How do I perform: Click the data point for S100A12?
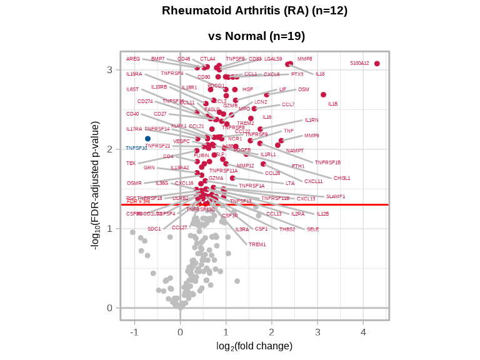pyautogui.click(x=377, y=64)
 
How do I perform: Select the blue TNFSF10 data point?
pyautogui.click(x=148, y=139)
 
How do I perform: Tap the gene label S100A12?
pyautogui.click(x=359, y=63)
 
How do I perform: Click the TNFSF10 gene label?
pyautogui.click(x=136, y=148)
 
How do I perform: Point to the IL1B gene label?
pyautogui.click(x=332, y=104)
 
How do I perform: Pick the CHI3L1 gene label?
pyautogui.click(x=342, y=178)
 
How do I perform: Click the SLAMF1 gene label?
pyautogui.click(x=336, y=196)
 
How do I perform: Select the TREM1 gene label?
pyautogui.click(x=257, y=244)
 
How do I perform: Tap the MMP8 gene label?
pyautogui.click(x=304, y=59)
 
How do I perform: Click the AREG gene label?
pyautogui.click(x=133, y=59)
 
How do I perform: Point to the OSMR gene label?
pyautogui.click(x=134, y=183)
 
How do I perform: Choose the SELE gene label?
pyautogui.click(x=312, y=229)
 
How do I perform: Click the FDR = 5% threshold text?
pyautogui.click(x=138, y=201)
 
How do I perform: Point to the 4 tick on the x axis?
pyautogui.click(x=363, y=332)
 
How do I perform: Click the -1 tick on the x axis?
pyautogui.click(x=134, y=332)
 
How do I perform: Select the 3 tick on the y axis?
pyautogui.click(x=109, y=69)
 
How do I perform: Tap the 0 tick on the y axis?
pyautogui.click(x=109, y=307)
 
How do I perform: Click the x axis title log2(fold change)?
pyautogui.click(x=254, y=346)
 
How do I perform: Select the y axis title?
pyautogui.click(x=96, y=186)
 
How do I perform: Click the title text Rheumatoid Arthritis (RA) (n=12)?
pyautogui.click(x=254, y=11)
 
